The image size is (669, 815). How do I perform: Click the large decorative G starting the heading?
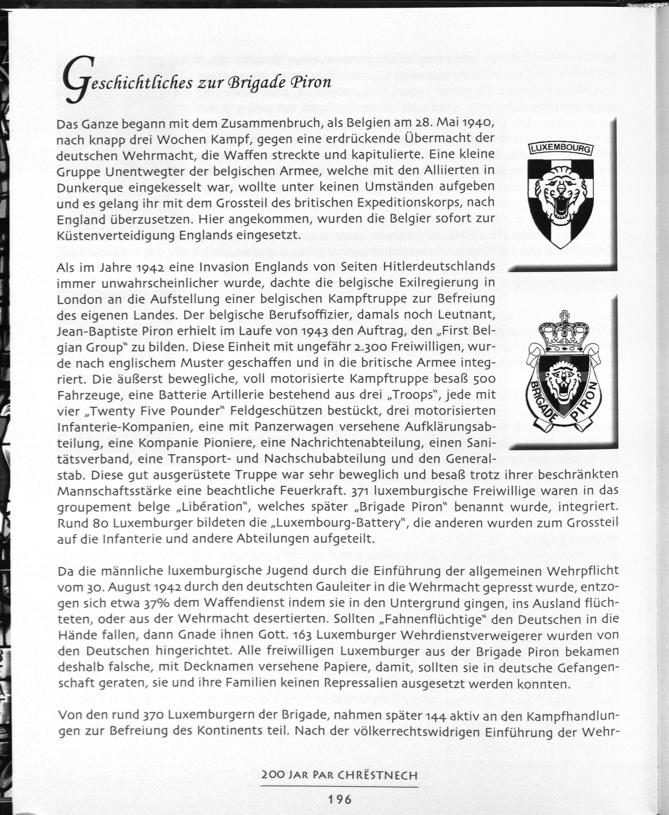click(79, 79)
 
